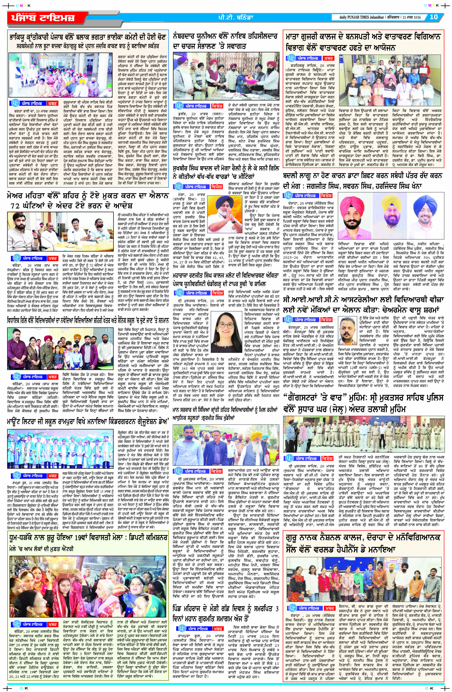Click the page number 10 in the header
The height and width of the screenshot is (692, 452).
coord(434,17)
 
